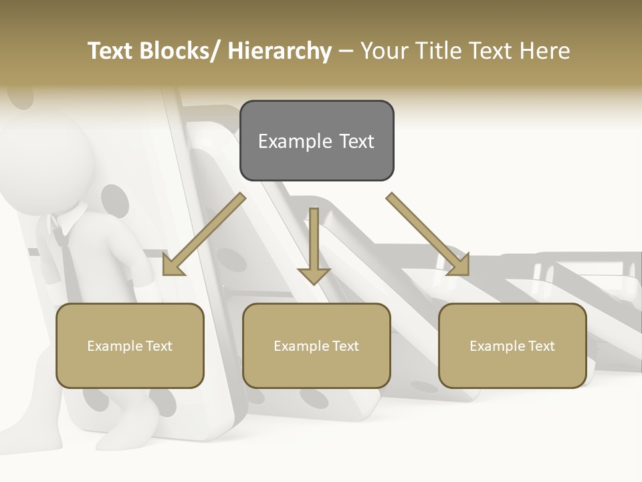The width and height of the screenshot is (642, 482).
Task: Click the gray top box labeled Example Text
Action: click(x=316, y=141)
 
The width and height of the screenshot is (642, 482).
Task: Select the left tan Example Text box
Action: click(x=130, y=345)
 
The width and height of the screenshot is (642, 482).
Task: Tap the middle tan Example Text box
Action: click(x=316, y=345)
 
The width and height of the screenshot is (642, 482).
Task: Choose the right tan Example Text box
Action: click(x=512, y=345)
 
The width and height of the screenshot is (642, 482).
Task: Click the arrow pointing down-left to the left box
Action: click(x=204, y=234)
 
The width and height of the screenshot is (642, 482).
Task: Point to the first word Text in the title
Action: click(x=110, y=51)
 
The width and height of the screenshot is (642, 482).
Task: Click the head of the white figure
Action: click(x=47, y=161)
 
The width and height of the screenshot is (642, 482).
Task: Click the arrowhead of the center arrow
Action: click(x=314, y=275)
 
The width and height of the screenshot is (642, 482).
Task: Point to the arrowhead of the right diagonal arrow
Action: click(x=459, y=266)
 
